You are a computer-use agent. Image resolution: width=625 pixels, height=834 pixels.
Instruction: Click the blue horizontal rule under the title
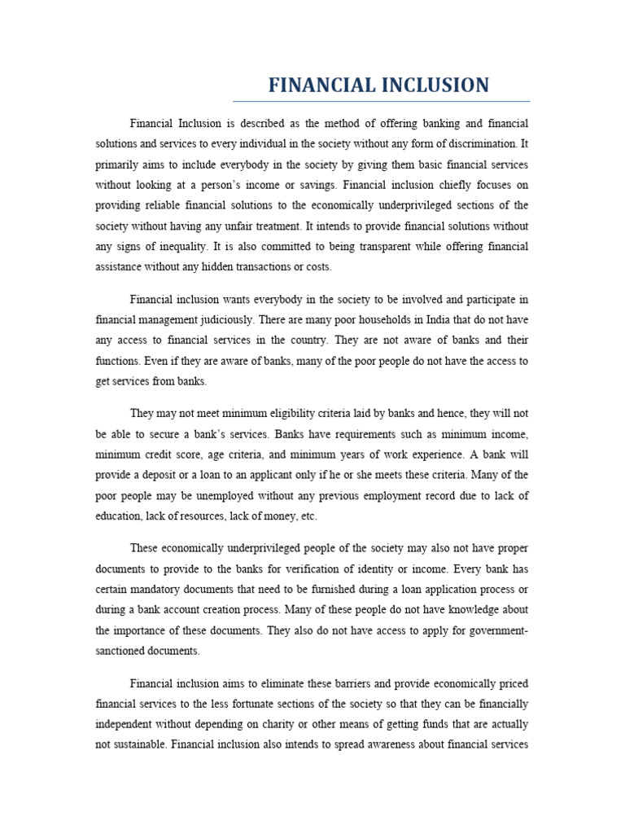click(381, 102)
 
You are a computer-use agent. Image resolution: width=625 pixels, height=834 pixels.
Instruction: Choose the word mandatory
click(162, 589)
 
